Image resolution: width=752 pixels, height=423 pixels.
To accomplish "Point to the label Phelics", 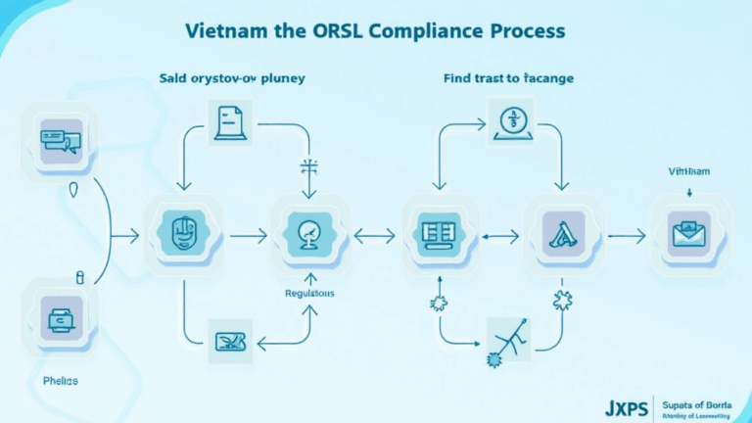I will [x=61, y=379].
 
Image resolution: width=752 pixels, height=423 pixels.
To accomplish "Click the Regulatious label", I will [x=308, y=293].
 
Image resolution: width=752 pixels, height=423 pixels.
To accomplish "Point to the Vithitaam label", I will [x=689, y=171].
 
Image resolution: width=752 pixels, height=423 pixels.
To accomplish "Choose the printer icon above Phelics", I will [x=62, y=317].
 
